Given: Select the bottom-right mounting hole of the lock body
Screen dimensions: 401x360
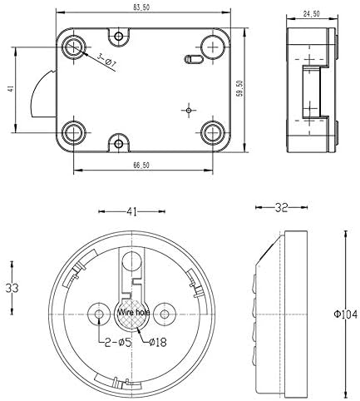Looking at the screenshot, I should point(213,131).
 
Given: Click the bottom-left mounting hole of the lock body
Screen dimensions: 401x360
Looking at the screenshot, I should point(75,131).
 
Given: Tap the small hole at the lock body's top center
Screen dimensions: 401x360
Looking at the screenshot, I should point(121,36).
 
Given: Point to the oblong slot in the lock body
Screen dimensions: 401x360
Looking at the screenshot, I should point(191,59).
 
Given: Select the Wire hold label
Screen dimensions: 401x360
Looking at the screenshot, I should point(134,314).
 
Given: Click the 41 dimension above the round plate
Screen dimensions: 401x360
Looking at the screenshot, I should point(131,211).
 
